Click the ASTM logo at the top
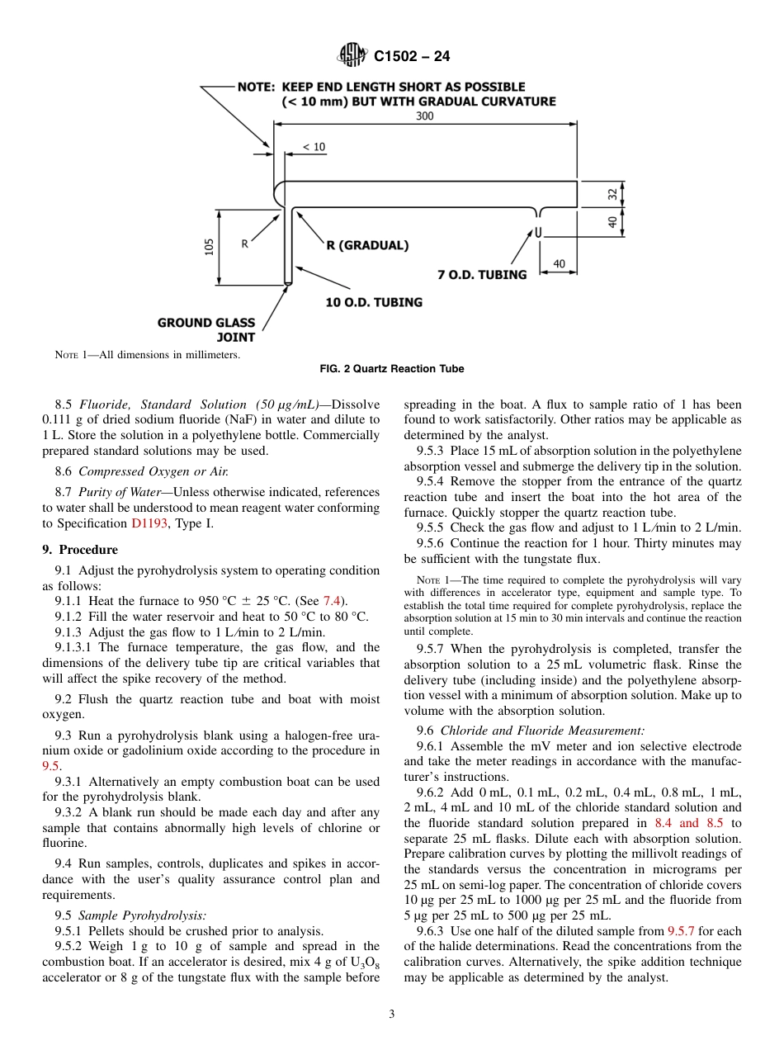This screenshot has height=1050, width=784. coord(353,56)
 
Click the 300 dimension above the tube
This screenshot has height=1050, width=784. coord(424,116)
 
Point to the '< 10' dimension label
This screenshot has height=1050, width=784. coord(314,147)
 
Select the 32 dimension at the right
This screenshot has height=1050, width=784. coord(612,194)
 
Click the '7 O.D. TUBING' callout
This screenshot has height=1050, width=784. coord(482,275)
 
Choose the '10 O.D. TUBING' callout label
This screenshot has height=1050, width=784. coord(374,302)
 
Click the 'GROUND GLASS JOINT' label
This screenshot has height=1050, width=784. coord(206,330)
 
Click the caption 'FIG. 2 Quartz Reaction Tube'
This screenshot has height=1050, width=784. coord(392,369)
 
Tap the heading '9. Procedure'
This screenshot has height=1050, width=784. coord(80,550)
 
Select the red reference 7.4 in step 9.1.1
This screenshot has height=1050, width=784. coord(331,601)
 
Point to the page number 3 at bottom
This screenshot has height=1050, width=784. coord(392,1015)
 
